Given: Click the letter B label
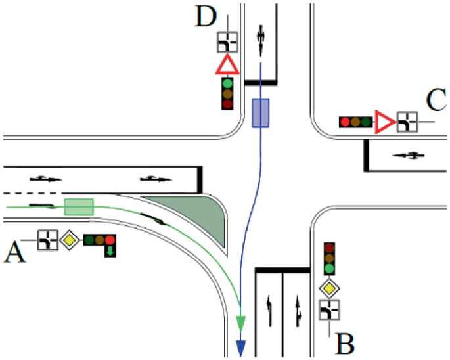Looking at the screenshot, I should point(346,342).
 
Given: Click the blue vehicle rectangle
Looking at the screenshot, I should point(261,112).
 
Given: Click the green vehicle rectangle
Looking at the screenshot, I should point(79,206).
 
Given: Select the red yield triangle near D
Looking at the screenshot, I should point(227,65).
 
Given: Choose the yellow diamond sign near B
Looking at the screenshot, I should point(329,288).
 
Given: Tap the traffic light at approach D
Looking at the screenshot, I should point(227,93).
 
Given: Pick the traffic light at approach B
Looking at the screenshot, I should point(329,259).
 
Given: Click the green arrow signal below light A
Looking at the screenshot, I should point(110,250).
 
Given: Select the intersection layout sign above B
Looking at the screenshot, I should point(329,309).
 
